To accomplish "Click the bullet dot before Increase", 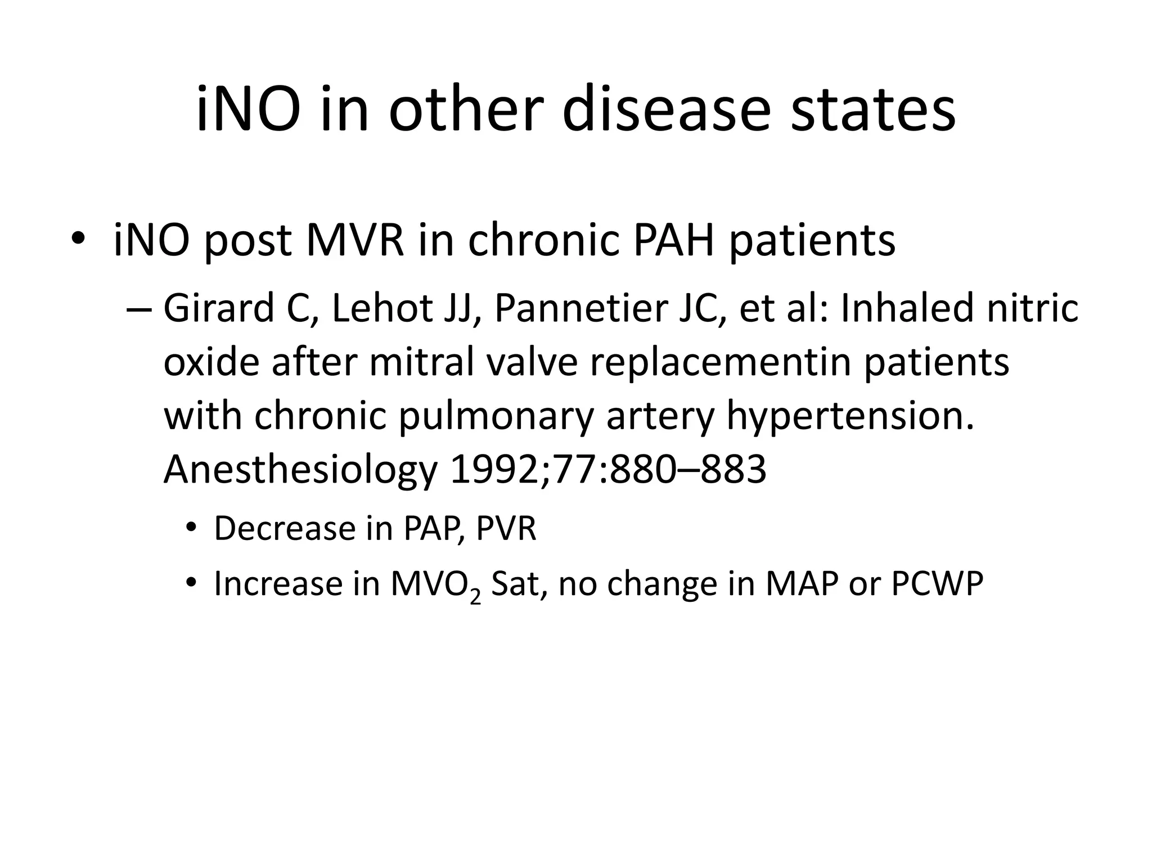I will pyautogui.click(x=191, y=583).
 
